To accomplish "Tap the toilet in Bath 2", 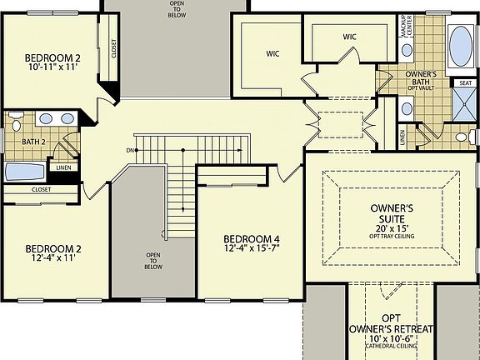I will (15, 125).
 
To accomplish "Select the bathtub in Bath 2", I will (26, 172).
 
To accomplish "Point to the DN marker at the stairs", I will (130, 150).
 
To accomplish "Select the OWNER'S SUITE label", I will (391, 213).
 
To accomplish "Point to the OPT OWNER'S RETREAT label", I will (391, 324).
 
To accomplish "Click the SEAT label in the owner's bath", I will (463, 82).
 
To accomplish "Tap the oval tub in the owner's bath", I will (459, 47).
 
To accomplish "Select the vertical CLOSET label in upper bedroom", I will (114, 49).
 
